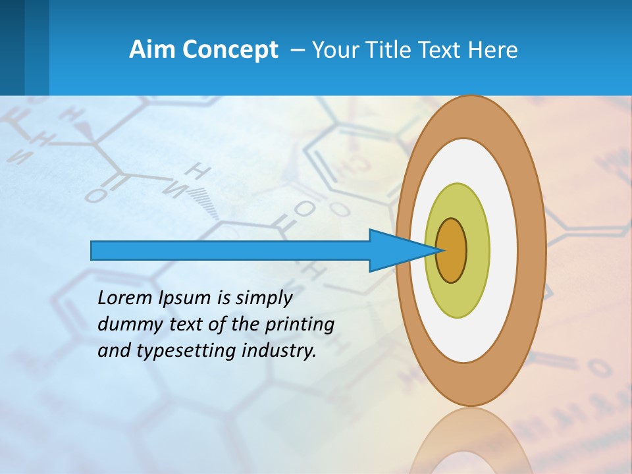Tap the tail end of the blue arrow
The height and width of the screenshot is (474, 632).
click(96, 250)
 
